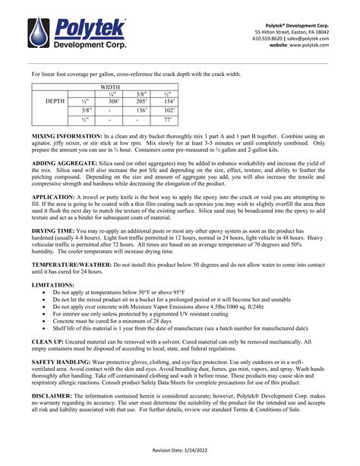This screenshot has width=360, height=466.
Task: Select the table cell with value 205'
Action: click(x=141, y=100)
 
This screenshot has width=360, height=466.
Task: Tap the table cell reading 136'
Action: click(x=141, y=109)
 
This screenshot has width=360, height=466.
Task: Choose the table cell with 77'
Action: click(x=169, y=119)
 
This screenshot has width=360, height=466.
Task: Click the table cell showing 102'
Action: click(x=169, y=109)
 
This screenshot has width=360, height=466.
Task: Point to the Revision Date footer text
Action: click(x=179, y=450)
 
